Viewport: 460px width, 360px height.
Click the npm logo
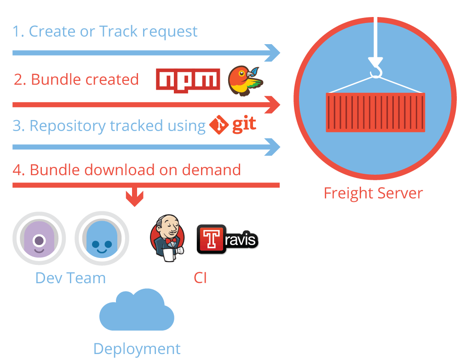188,80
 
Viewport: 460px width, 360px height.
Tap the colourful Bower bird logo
246,80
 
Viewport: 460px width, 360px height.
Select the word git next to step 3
244,124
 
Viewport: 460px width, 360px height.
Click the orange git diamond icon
219,125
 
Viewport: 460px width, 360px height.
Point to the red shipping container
375,112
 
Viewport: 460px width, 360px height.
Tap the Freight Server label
373,193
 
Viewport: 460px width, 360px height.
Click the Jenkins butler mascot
167,238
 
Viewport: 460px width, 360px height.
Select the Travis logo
227,239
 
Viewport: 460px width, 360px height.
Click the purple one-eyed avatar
39,238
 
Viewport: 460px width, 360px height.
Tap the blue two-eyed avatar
102,238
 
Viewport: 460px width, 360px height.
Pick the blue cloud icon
137,310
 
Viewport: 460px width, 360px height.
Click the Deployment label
137,349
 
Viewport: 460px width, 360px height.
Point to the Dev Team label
70,278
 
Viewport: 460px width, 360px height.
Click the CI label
201,278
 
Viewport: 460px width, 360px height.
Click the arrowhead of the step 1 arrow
272,53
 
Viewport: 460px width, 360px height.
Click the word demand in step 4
211,170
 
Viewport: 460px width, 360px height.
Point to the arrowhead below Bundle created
272,105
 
